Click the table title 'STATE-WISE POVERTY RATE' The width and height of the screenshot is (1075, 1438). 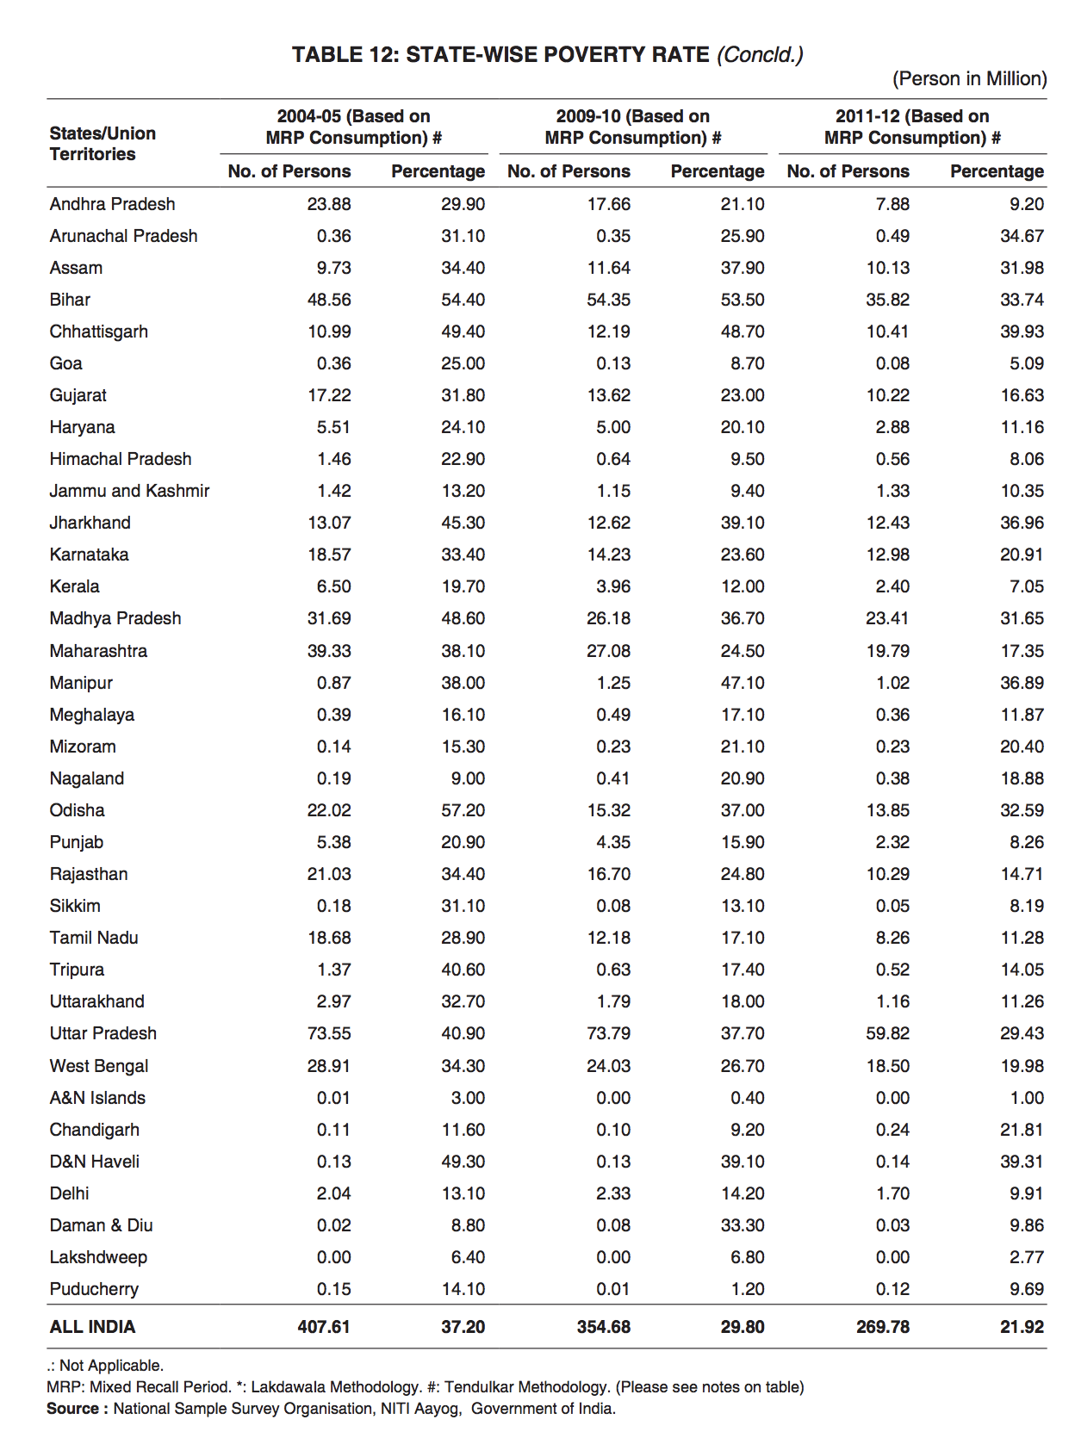[x=557, y=55]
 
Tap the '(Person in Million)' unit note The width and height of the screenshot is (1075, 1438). [x=969, y=79]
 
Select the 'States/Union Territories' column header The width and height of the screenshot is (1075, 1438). [x=103, y=144]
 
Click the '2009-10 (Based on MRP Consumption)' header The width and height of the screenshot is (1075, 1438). [x=632, y=127]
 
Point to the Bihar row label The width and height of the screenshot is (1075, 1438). [x=70, y=300]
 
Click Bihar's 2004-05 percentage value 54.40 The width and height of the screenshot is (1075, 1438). [x=463, y=300]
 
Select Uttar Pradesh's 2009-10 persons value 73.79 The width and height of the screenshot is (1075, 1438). [x=608, y=1033]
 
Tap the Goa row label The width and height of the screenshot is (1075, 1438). [x=65, y=363]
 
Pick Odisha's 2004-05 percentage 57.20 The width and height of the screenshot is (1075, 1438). [x=463, y=810]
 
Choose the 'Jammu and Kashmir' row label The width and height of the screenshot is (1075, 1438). [x=129, y=491]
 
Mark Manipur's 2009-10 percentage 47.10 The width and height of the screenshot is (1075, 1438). [x=742, y=683]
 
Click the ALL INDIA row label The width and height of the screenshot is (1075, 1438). [x=92, y=1327]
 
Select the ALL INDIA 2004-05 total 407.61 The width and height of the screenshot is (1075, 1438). [x=324, y=1327]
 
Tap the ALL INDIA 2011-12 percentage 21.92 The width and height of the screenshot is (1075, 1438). [x=1022, y=1327]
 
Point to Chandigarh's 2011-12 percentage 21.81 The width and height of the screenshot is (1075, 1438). [x=1022, y=1130]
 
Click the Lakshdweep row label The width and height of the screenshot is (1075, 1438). [x=98, y=1257]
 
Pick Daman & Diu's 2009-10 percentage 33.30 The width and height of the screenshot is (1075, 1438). [x=742, y=1225]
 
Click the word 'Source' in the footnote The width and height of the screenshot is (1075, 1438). [x=72, y=1409]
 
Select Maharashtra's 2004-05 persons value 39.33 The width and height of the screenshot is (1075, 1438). [x=329, y=651]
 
